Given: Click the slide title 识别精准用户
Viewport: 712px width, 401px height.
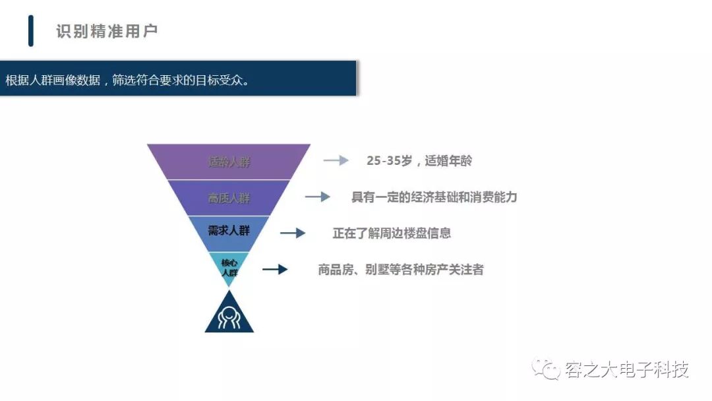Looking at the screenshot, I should click(107, 32).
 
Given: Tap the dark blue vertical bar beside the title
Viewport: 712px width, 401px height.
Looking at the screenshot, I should click(31, 31).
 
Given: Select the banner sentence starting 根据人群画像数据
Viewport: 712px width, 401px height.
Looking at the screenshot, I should click(127, 80).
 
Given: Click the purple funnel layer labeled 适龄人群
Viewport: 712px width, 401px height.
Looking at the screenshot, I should click(229, 162).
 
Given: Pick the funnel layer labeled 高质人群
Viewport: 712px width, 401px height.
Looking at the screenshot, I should click(229, 198).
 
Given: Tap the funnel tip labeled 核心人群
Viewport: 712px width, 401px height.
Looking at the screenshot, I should click(229, 267).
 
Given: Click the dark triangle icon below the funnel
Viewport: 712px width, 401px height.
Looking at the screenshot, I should click(229, 316).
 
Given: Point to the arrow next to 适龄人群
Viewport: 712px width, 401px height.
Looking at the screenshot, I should click(336, 160).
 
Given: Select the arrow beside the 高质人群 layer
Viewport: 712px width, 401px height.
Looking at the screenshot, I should click(317, 197).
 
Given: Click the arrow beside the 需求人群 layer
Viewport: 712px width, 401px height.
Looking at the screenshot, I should click(293, 233).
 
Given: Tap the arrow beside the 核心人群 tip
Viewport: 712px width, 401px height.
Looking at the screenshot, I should click(275, 269).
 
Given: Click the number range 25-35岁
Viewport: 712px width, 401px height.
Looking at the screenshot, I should click(389, 160).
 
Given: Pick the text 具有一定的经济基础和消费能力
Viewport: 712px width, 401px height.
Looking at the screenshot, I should click(434, 197).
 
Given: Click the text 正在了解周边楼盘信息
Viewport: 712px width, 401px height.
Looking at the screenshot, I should click(392, 233).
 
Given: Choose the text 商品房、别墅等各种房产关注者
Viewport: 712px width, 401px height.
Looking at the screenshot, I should click(401, 269).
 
